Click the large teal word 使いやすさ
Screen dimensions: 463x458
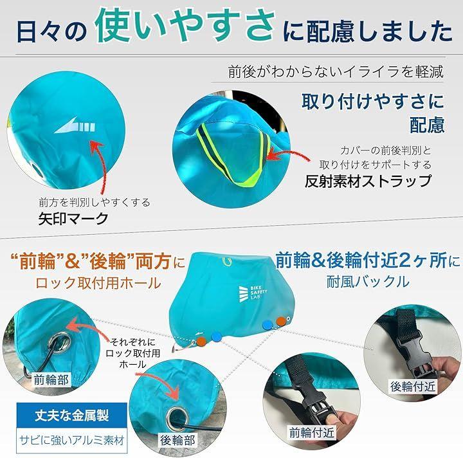pyautogui.click(x=185, y=26)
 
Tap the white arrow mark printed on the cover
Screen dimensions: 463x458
pyautogui.click(x=75, y=126)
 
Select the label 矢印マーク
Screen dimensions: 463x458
pyautogui.click(x=73, y=219)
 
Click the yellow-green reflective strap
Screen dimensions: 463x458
pyautogui.click(x=233, y=154)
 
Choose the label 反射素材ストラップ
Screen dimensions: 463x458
pyautogui.click(x=368, y=181)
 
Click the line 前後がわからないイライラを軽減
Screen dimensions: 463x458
pyautogui.click(x=336, y=72)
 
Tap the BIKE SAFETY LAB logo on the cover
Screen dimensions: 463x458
pyautogui.click(x=253, y=293)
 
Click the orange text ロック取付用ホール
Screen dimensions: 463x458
pyautogui.click(x=98, y=283)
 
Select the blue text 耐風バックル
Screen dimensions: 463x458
pyautogui.click(x=368, y=281)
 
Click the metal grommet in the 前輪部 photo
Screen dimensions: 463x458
pyautogui.click(x=59, y=342)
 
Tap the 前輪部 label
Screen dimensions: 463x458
pyautogui.click(x=51, y=380)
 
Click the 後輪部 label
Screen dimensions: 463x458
pyautogui.click(x=177, y=440)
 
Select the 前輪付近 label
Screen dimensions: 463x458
pyautogui.click(x=311, y=433)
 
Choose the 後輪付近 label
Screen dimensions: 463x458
pyautogui.click(x=413, y=387)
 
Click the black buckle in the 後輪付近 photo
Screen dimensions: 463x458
pyautogui.click(x=413, y=351)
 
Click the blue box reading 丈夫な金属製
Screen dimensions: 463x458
pyautogui.click(x=72, y=415)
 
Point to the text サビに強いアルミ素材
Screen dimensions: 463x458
pyautogui.click(x=72, y=440)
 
